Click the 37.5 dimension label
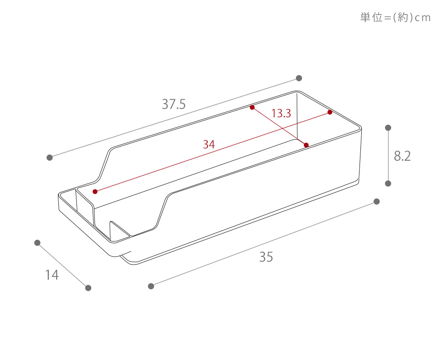173,104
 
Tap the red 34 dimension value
209,144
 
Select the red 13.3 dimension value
281,113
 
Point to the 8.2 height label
402,156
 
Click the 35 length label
266,257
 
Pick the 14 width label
52,275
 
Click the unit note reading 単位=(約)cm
395,18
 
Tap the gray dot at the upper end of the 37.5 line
299,78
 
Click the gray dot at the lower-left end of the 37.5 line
50,158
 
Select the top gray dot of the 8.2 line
388,128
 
